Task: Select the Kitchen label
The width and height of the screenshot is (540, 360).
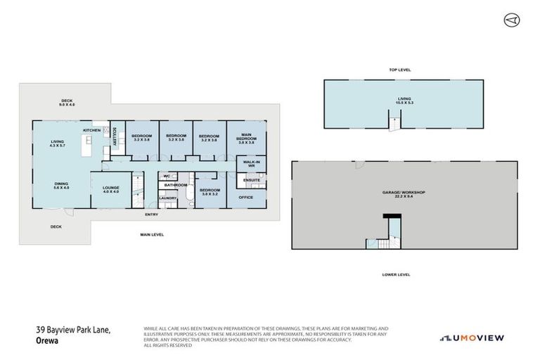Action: pyautogui.click(x=92, y=131)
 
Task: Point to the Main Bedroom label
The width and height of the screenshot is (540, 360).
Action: pyautogui.click(x=247, y=138)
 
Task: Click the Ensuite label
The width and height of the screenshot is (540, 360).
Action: pyautogui.click(x=251, y=180)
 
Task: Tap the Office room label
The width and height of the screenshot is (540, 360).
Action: pyautogui.click(x=245, y=198)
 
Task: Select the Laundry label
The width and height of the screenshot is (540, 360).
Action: pyautogui.click(x=167, y=198)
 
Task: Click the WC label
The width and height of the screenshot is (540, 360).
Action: pyautogui.click(x=167, y=176)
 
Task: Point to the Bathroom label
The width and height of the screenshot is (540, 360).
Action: pyautogui.click(x=175, y=185)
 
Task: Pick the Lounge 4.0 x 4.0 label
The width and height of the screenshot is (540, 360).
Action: pyautogui.click(x=111, y=189)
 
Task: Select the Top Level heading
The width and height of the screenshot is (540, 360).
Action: pyautogui.click(x=399, y=70)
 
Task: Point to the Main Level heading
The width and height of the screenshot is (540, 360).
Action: pyautogui.click(x=152, y=234)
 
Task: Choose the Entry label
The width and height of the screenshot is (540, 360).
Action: pyautogui.click(x=151, y=214)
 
